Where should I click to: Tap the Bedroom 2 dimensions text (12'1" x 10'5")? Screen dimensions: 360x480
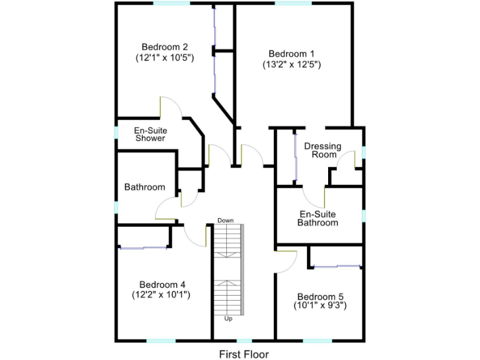click(x=164, y=57)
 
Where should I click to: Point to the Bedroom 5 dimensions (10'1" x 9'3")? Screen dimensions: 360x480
click(x=320, y=306)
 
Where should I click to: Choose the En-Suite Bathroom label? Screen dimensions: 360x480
click(x=317, y=217)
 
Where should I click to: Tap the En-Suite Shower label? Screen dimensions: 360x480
click(x=150, y=134)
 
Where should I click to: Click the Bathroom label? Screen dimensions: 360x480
click(x=144, y=187)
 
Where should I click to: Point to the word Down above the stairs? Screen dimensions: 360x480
click(x=226, y=221)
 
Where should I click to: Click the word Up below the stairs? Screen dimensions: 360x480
click(x=228, y=319)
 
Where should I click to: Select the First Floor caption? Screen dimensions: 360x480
click(x=244, y=354)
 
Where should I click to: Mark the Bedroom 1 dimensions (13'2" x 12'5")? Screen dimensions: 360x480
click(x=292, y=64)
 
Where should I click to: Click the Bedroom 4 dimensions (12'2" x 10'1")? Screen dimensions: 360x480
click(x=161, y=294)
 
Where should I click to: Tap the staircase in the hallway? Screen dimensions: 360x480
click(x=227, y=269)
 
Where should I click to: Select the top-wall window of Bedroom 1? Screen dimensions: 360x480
click(x=292, y=3)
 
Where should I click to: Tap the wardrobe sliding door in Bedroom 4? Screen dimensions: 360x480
click(x=144, y=248)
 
